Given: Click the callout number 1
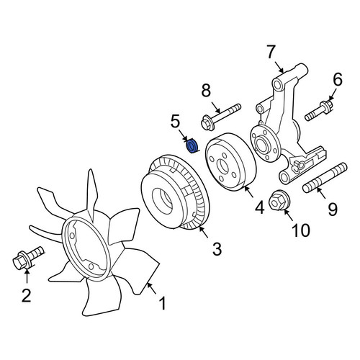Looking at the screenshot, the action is [x=163, y=303].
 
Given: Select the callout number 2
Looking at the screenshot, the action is [x=27, y=295].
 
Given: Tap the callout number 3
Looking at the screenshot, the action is [x=217, y=249].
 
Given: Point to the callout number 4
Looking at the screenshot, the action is [x=260, y=207].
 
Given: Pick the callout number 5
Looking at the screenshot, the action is [x=175, y=121].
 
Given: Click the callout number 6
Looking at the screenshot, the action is [x=338, y=79].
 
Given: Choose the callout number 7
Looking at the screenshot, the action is [x=271, y=52].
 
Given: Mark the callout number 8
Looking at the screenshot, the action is [x=206, y=91].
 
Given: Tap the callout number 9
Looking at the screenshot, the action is [x=333, y=209].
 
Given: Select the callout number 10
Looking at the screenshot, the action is [x=301, y=230].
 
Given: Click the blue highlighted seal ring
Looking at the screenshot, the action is [x=192, y=145].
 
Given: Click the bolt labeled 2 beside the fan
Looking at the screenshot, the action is [x=28, y=257].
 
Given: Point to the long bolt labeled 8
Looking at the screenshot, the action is [x=221, y=117].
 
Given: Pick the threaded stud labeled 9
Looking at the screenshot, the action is [x=325, y=177].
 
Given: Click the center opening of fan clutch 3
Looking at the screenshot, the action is [x=163, y=201].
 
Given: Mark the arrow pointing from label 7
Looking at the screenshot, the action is [x=279, y=67].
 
